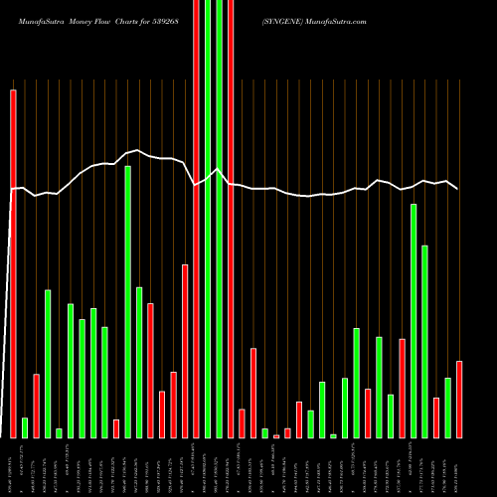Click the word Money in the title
coord(84,20)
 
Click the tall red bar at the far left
coord(13,263)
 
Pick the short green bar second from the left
coord(25,427)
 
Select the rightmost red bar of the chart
coord(459,399)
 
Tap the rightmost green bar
coord(448,408)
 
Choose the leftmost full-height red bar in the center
coord(196,219)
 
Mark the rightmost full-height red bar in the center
coord(231,219)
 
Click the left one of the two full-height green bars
coord(208,219)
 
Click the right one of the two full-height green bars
coord(220,219)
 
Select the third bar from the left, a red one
coord(36,406)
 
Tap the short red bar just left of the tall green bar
coord(116,428)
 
